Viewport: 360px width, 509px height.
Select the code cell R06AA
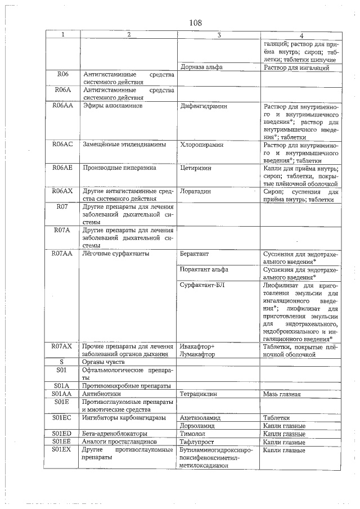pos(62,106)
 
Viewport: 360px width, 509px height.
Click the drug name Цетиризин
pos(195,168)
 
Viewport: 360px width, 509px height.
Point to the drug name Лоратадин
pos(195,191)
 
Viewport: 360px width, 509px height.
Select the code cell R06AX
pos(62,191)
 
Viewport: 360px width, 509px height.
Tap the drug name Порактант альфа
pos(204,269)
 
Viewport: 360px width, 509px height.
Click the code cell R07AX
pos(62,346)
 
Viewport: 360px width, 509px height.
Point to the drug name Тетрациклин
pos(199,394)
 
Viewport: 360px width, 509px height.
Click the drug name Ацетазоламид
pos(201,418)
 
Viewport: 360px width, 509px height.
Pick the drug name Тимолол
pos(192,434)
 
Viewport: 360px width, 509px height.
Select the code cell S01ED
pos(62,434)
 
